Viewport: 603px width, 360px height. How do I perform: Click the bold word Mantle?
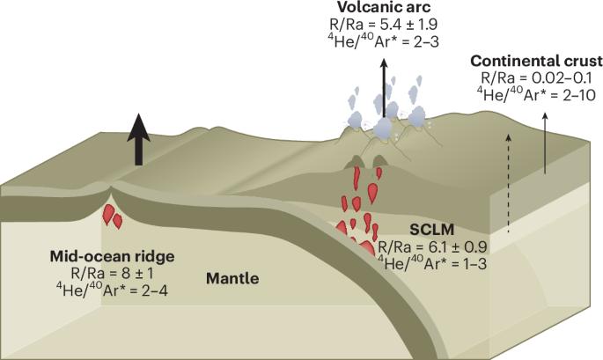point(232,280)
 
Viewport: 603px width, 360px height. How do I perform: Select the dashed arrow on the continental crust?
point(508,163)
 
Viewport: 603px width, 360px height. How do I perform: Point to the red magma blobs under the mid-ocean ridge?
point(110,215)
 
